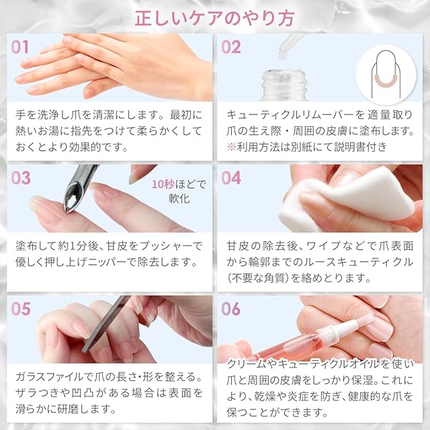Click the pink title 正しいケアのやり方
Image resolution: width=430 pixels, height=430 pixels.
[x=214, y=18]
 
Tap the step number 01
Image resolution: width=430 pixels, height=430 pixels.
[x=20, y=46]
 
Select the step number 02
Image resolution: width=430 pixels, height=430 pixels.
[x=231, y=46]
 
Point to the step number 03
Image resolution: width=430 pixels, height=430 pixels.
[x=20, y=178]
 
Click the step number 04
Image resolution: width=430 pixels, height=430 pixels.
[x=231, y=178]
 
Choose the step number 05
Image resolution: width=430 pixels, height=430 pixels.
[x=20, y=308]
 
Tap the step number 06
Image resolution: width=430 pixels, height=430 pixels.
[x=231, y=308]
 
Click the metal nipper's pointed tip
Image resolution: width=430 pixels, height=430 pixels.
[x=67, y=212]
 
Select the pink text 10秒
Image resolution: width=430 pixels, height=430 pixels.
[x=163, y=184]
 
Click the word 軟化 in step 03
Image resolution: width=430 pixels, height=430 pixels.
[x=179, y=198]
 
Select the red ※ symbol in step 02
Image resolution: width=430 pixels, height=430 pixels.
[x=231, y=147]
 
